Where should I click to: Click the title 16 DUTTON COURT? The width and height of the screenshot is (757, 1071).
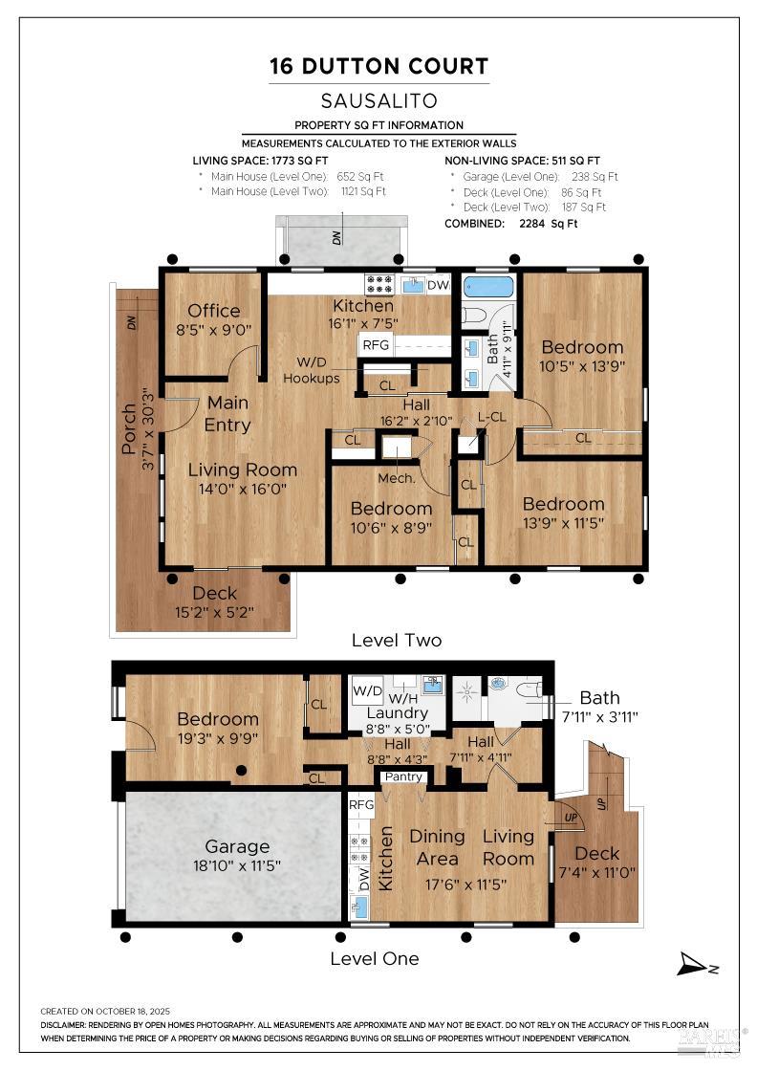click(378, 66)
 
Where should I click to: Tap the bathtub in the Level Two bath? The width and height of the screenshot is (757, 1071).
click(488, 286)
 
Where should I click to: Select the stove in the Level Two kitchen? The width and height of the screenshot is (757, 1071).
click(379, 284)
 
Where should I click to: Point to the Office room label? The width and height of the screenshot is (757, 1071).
click(214, 311)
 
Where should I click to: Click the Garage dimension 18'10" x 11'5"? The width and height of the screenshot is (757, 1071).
click(236, 865)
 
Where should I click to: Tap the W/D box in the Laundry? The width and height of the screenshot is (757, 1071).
click(367, 690)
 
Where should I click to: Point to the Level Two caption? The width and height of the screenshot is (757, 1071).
click(397, 640)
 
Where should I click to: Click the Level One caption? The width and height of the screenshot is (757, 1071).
click(374, 958)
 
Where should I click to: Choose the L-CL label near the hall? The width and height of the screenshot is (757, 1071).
click(491, 417)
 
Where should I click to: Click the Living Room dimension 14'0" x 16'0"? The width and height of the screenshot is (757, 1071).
click(242, 489)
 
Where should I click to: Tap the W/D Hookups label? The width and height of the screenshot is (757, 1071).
click(311, 369)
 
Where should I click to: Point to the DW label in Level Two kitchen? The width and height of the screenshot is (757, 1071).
click(438, 285)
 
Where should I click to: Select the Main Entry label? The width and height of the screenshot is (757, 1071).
click(227, 413)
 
